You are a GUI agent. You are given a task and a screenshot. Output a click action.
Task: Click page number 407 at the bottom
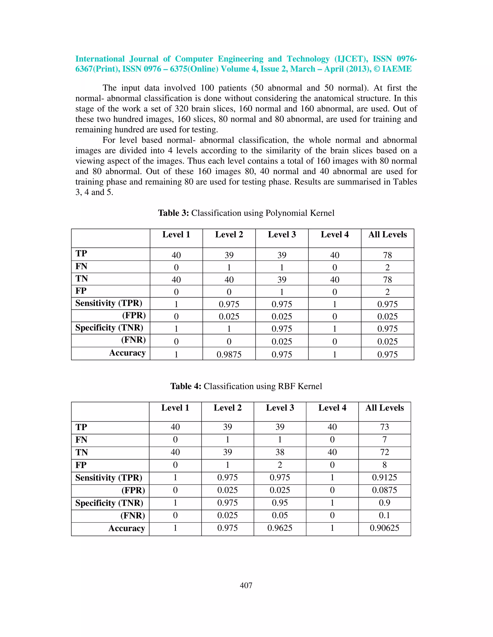246,585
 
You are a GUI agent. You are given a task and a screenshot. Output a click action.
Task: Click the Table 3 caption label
174,213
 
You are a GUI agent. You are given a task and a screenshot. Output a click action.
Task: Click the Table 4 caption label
186,386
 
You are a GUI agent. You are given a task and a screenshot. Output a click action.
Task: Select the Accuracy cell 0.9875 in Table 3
229,354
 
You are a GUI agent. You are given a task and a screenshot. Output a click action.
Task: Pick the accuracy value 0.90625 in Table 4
384,528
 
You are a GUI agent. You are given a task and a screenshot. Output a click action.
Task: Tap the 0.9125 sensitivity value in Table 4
384,477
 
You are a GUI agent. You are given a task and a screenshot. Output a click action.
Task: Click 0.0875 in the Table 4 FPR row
384,490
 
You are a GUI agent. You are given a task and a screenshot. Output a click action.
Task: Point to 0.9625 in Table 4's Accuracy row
280,528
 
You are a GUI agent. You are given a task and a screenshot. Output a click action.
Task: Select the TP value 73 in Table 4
384,427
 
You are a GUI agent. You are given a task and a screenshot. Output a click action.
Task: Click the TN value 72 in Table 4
384,452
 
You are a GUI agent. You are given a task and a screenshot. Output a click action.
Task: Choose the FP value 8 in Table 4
384,465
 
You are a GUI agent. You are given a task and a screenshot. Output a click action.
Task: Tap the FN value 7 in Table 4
384,440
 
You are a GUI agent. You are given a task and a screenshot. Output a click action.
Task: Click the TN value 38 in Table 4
280,452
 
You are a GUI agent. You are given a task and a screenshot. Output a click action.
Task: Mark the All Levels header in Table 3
387,235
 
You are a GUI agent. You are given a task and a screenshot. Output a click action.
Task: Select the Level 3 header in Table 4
280,408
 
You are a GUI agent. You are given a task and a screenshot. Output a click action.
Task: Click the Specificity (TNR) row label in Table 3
109,328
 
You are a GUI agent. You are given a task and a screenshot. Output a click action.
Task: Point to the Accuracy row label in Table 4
127,528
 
